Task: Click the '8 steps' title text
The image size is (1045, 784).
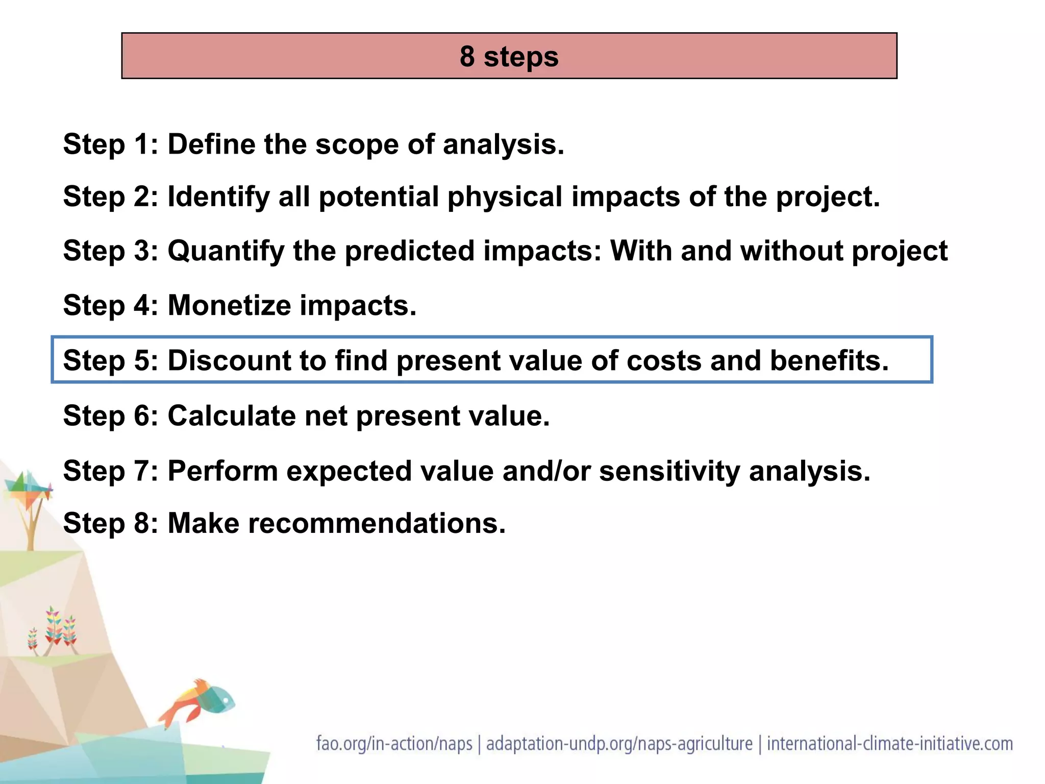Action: point(509,56)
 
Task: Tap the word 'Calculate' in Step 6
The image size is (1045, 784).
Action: point(232,415)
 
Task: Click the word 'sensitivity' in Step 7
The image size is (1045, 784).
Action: point(669,471)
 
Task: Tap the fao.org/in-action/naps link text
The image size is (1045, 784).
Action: point(394,744)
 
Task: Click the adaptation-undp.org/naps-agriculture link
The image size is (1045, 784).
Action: point(619,744)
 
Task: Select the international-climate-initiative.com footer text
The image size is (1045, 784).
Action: point(889,744)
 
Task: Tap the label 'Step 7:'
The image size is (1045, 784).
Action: point(110,471)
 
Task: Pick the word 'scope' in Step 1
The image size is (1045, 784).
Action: point(357,144)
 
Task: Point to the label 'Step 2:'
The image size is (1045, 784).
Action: point(110,197)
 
